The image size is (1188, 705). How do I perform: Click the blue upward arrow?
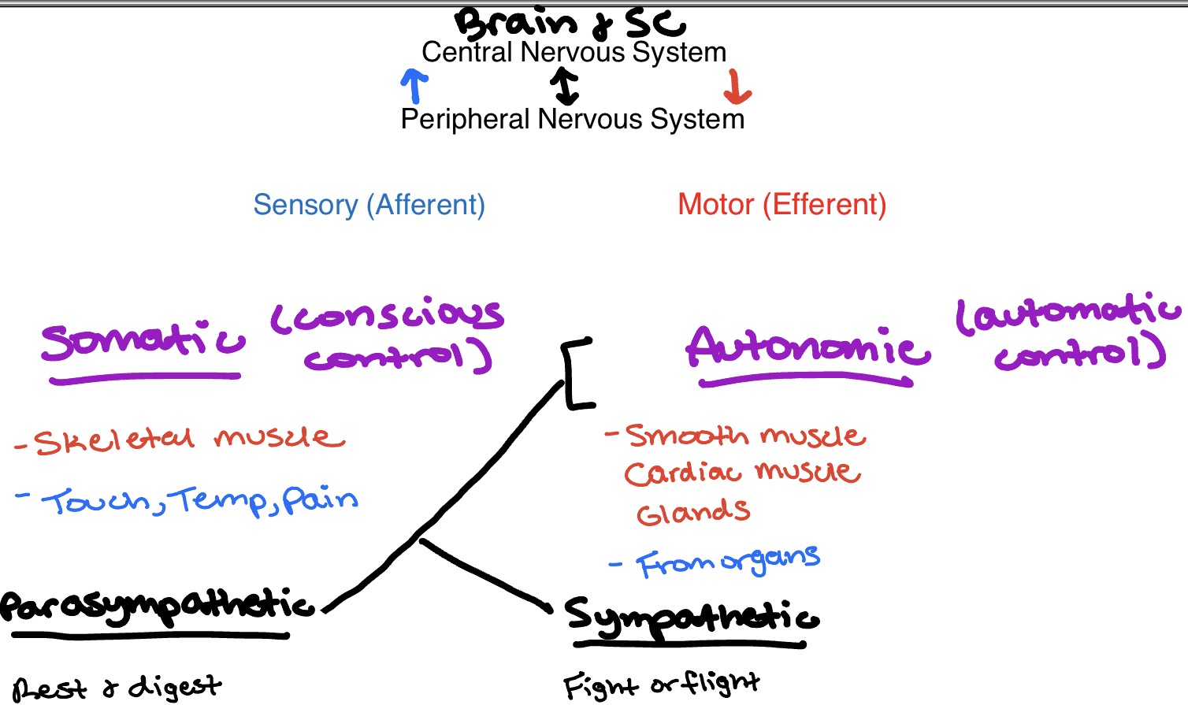(414, 85)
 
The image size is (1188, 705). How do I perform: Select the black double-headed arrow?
(565, 86)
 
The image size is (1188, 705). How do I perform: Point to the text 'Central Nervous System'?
(574, 53)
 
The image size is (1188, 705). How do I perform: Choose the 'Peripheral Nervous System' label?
(572, 120)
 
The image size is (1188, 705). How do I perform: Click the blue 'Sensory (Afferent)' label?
(369, 205)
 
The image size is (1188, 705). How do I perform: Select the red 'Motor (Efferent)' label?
(781, 205)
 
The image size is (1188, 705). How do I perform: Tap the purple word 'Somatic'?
(143, 343)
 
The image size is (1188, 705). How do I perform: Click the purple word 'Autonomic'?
(807, 348)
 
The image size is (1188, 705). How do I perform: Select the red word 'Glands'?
(692, 513)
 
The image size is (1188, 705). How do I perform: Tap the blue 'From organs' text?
(726, 562)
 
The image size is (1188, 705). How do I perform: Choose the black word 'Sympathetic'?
(691, 617)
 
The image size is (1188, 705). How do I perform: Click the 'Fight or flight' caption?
(660, 685)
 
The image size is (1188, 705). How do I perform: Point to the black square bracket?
(577, 374)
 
